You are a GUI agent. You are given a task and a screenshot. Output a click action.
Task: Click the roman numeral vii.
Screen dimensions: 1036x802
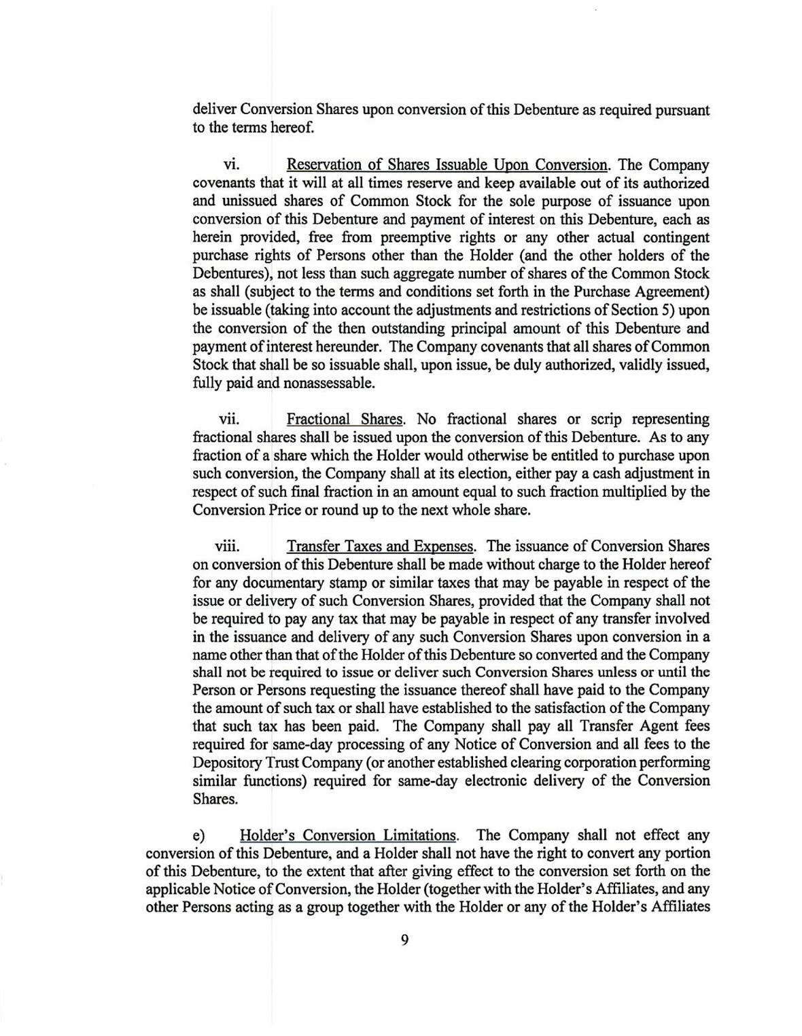pyautogui.click(x=228, y=419)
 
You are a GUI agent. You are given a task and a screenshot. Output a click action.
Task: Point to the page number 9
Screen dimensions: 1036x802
pyautogui.click(x=405, y=940)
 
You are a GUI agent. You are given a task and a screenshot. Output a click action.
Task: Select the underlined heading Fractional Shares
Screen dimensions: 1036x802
pyautogui.click(x=346, y=419)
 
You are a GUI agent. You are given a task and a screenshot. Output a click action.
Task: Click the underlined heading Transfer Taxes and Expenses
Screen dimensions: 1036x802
pyautogui.click(x=381, y=547)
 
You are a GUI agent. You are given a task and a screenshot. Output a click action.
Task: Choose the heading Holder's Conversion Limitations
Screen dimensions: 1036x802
pyautogui.click(x=349, y=835)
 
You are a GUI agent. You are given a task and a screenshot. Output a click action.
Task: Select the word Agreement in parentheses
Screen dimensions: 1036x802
pyautogui.click(x=670, y=292)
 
